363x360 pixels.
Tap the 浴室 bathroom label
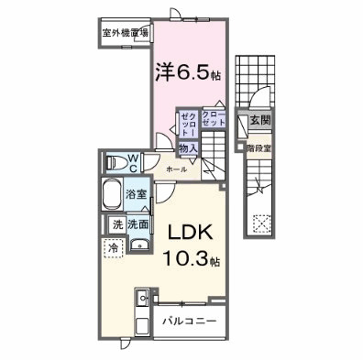(x=136, y=194)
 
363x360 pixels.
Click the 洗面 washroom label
(x=138, y=224)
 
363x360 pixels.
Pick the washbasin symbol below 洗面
(x=137, y=243)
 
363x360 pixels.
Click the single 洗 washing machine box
(x=116, y=224)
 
